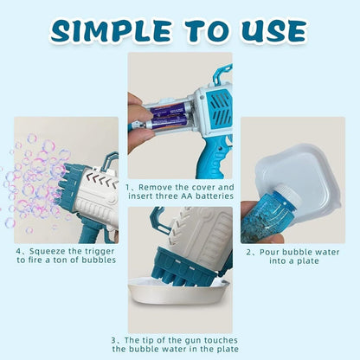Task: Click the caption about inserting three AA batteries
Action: coord(180,191)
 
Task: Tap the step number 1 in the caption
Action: coord(129,186)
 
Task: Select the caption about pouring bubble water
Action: coord(298,257)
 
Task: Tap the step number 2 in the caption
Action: coord(249,252)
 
